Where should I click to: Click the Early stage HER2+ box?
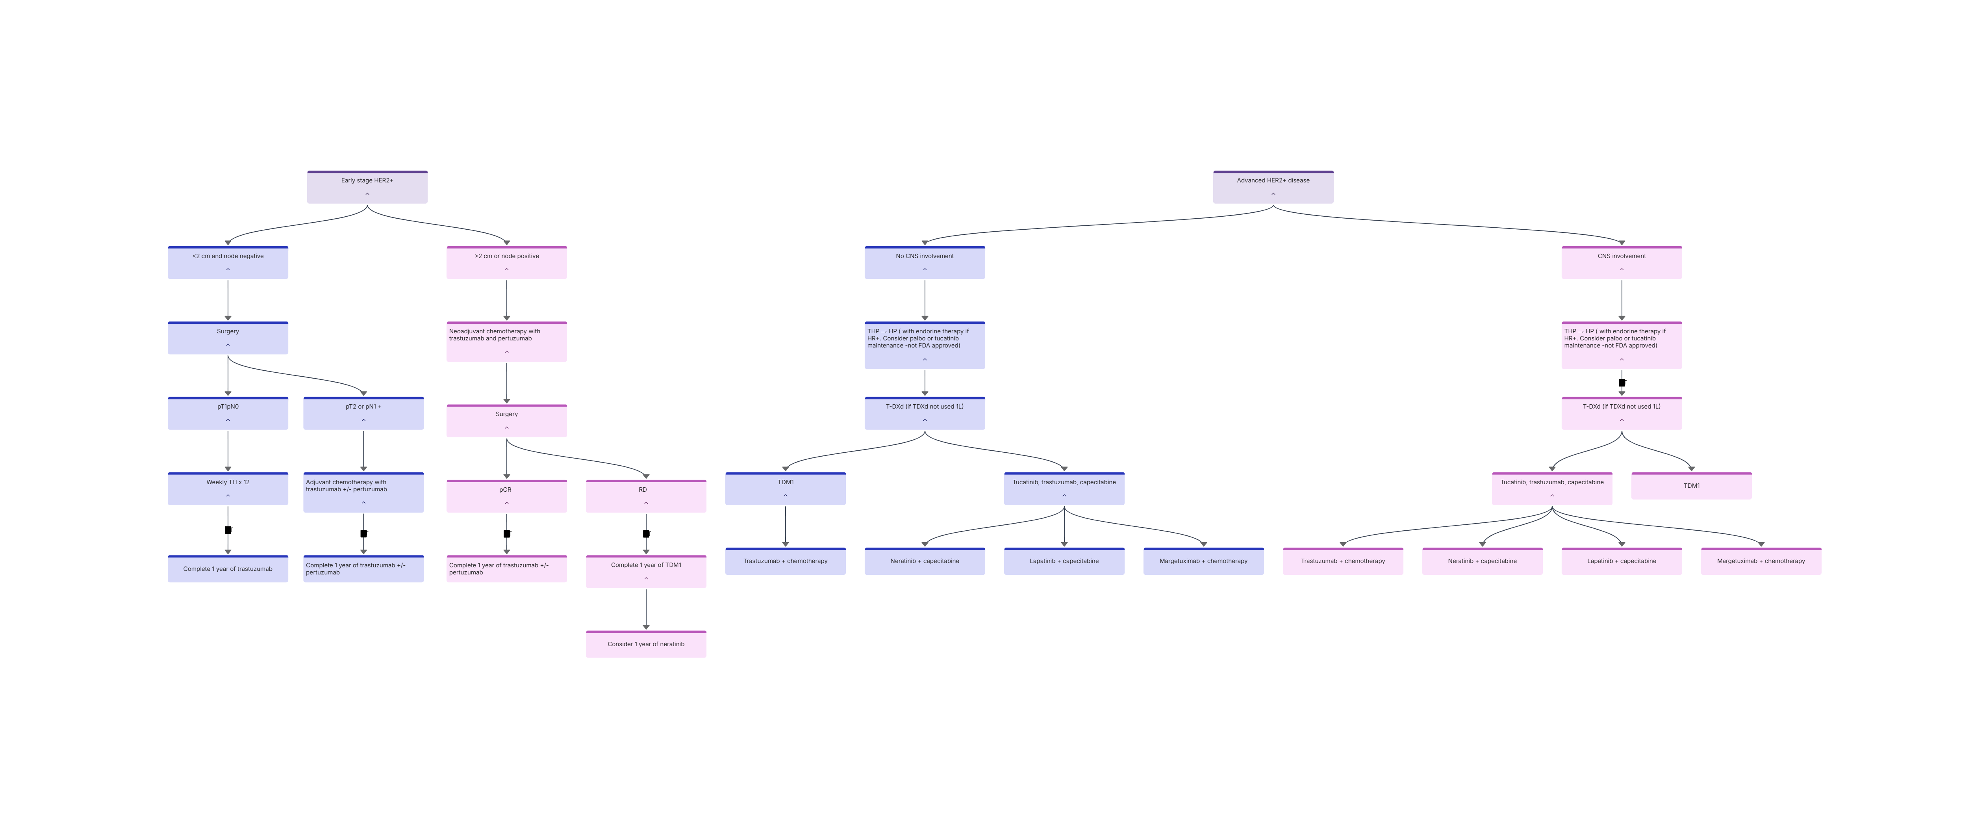pos(367,187)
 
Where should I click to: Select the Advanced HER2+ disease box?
pos(1273,187)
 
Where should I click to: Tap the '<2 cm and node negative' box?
pos(228,263)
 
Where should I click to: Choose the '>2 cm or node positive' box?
pos(506,263)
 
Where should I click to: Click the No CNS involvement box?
pos(925,263)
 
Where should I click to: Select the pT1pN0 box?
pos(228,413)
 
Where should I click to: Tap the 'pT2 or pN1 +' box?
pos(364,413)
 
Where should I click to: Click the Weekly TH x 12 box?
pos(228,489)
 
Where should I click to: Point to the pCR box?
pos(506,496)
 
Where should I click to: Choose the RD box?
pos(646,496)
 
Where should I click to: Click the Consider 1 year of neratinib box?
pos(646,644)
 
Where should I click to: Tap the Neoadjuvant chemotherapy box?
pos(506,342)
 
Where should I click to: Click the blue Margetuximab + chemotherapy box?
pos(1204,561)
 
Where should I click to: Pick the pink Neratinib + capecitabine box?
pos(1483,561)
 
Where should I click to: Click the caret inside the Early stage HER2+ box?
pos(367,194)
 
